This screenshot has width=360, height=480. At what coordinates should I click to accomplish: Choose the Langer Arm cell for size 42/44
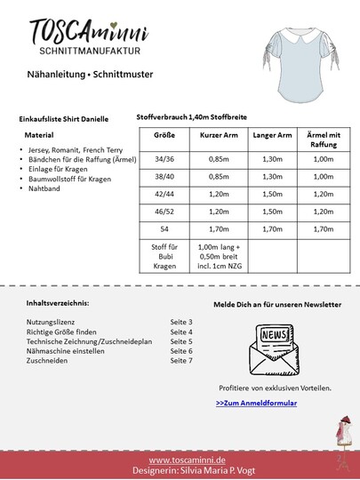click(273, 194)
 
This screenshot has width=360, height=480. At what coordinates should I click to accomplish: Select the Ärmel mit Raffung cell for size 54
click(323, 228)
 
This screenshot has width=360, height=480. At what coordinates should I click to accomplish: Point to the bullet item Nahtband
click(45, 190)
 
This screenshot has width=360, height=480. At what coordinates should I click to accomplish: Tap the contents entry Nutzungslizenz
click(52, 321)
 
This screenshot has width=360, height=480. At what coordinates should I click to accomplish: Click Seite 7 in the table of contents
click(181, 360)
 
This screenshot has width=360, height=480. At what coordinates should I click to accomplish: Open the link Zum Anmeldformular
click(256, 404)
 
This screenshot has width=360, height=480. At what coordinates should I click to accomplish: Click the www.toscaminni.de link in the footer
click(186, 460)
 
